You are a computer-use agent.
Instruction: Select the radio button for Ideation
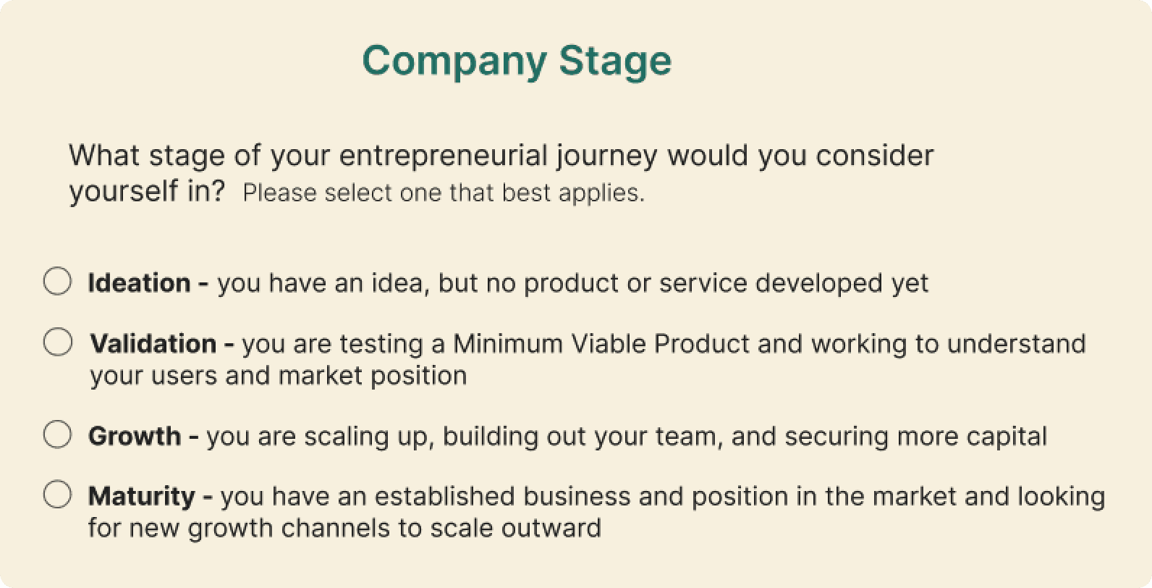58,281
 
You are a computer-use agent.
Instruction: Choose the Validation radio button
58,342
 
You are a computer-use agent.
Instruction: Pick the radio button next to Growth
58,434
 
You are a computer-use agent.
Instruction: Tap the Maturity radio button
58,495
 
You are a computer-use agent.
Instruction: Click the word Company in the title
454,62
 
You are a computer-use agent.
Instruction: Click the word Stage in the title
615,62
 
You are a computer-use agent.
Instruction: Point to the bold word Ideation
140,283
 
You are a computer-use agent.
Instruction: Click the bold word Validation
153,344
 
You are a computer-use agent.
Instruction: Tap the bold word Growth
135,436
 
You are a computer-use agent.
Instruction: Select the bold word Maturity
142,497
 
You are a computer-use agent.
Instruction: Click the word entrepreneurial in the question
444,156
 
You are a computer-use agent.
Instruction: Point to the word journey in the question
607,156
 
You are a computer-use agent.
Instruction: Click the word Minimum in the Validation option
507,344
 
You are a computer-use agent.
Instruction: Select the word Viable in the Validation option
609,344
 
